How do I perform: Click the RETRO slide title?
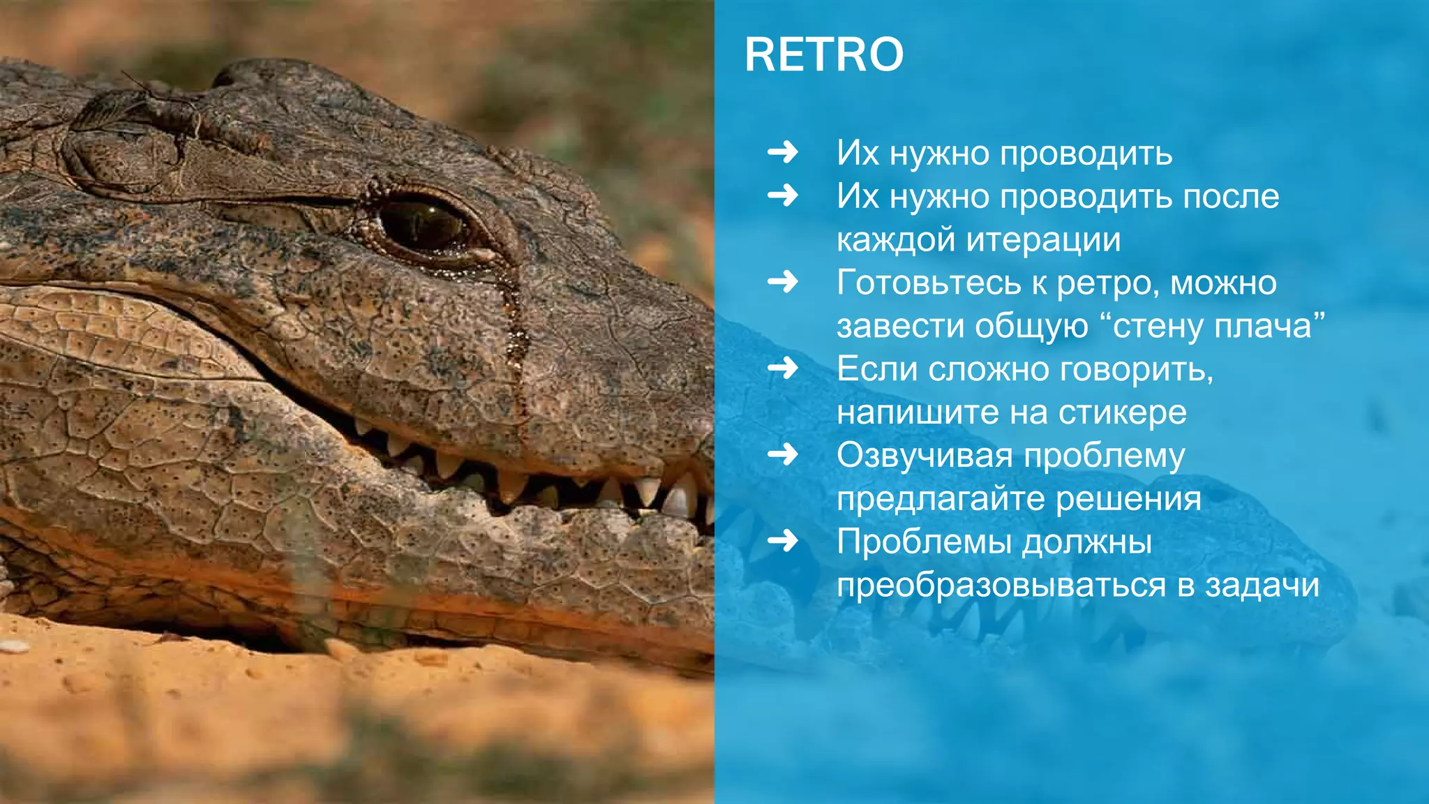pos(823,54)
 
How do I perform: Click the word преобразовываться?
pos(1001,586)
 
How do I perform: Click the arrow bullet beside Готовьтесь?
pos(782,282)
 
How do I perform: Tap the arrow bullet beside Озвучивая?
pos(782,455)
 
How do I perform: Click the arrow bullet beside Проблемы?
pos(782,541)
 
